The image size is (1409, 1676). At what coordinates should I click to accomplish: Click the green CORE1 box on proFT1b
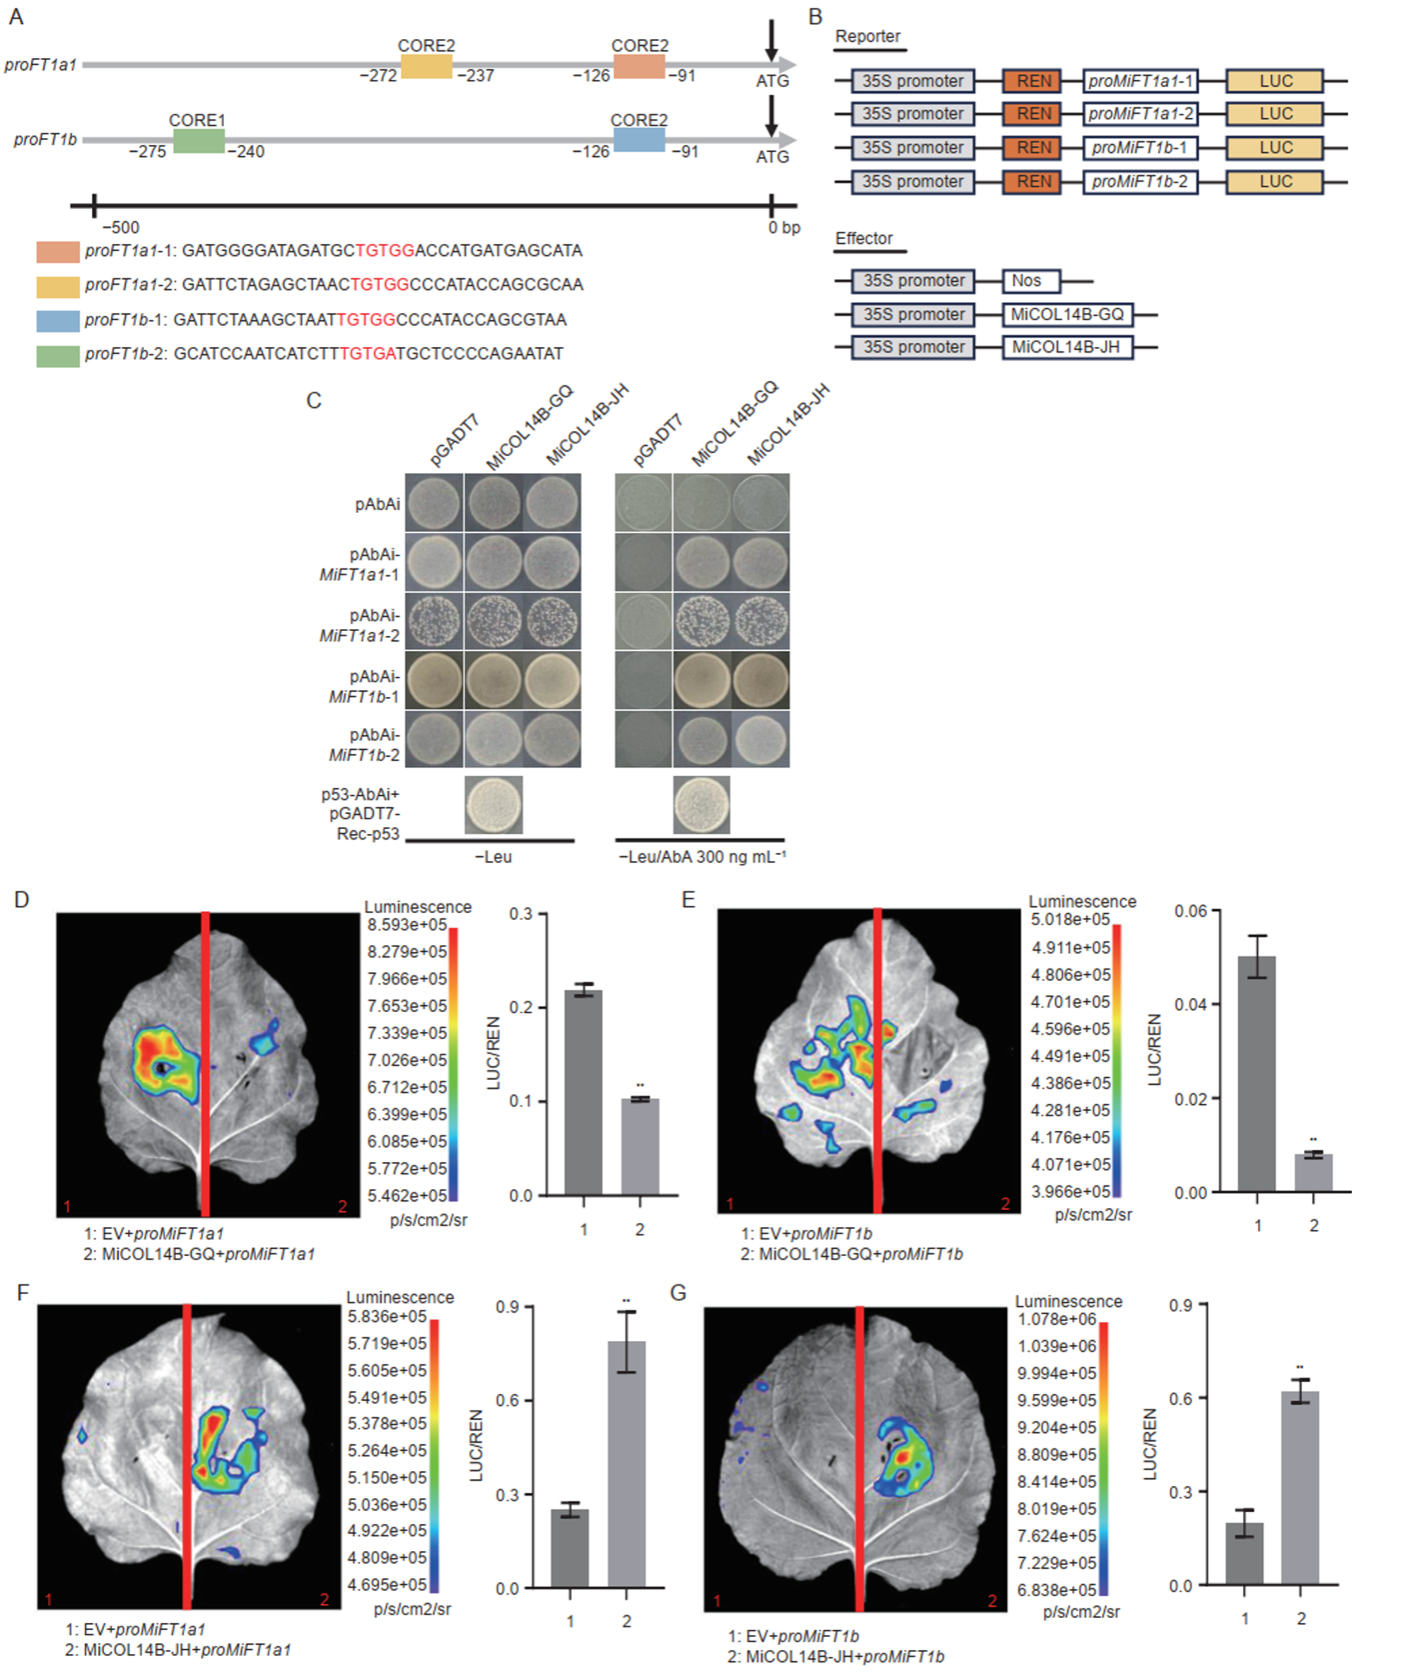coord(199,141)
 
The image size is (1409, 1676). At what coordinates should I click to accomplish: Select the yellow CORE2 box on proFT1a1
coord(426,66)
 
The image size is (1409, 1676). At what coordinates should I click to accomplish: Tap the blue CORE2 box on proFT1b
coord(639,140)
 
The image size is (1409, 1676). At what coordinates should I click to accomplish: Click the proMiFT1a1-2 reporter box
coord(1140,114)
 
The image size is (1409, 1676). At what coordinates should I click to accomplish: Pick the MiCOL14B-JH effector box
coord(1067,347)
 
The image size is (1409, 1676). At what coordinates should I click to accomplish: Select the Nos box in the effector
coord(1031,281)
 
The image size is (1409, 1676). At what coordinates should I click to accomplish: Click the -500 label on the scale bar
coord(121,227)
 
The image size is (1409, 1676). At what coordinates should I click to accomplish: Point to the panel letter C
coord(314,400)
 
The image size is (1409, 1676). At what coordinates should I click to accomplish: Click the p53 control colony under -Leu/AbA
coord(702,805)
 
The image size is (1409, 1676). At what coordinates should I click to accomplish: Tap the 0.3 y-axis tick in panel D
coord(521,914)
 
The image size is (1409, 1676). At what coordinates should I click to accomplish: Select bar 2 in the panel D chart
coord(640,1147)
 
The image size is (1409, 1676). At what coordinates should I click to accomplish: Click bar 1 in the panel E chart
coord(1256,1074)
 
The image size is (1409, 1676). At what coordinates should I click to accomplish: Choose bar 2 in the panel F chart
coord(626,1464)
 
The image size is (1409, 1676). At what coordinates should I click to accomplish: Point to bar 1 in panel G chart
coord(1244,1554)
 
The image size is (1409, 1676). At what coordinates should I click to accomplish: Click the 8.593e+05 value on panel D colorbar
coord(407,924)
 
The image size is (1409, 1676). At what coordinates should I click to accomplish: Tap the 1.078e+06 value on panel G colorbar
coord(1058,1319)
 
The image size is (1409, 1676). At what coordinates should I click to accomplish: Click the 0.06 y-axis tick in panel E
coord(1190,910)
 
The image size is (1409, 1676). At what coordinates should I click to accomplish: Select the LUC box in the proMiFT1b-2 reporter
coord(1275,182)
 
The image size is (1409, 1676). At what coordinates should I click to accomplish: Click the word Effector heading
coord(864,239)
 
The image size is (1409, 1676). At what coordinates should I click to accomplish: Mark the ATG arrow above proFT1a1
coord(771,41)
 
